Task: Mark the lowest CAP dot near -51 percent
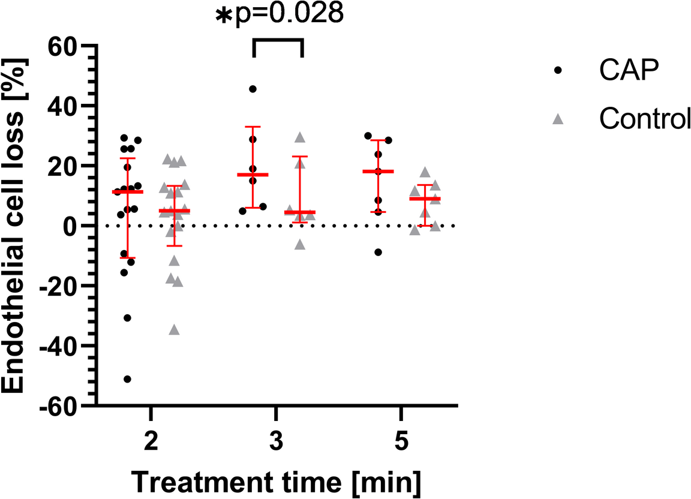[127, 379]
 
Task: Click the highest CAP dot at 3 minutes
[253, 89]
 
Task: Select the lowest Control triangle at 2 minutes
[174, 329]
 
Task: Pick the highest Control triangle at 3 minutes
[300, 137]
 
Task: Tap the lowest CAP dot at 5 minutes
[378, 252]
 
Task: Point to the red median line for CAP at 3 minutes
[253, 175]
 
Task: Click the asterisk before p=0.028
[223, 15]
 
